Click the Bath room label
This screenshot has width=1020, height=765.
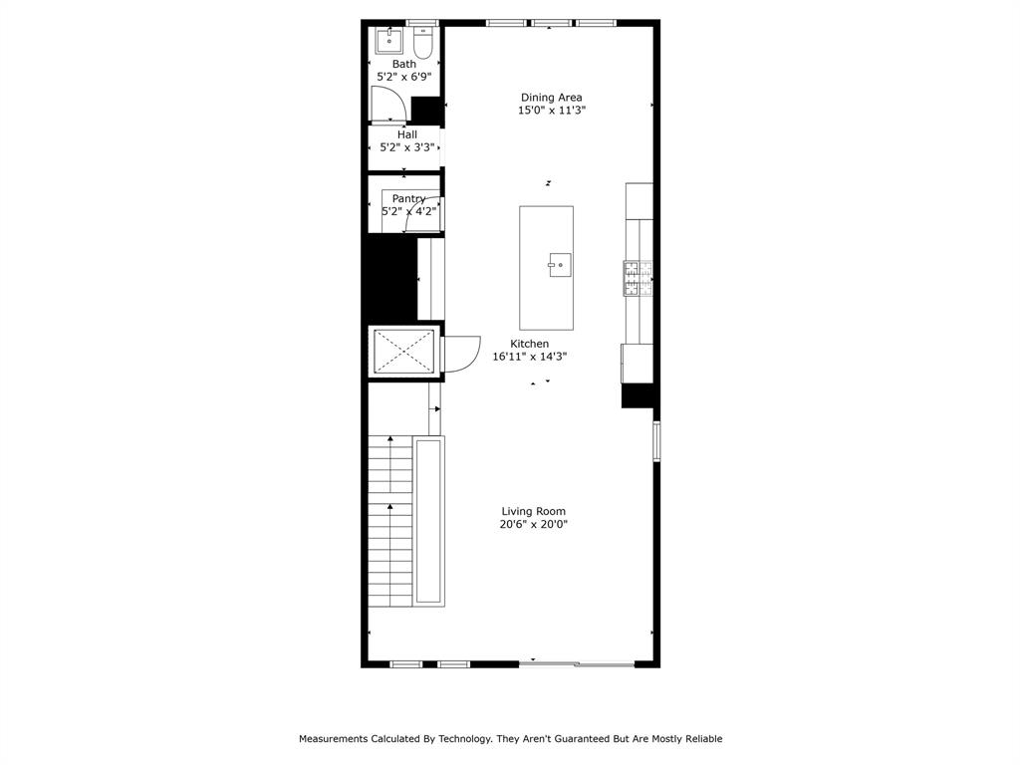click(x=403, y=64)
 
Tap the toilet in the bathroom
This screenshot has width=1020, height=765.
click(x=422, y=43)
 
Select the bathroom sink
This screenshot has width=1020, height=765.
click(x=388, y=42)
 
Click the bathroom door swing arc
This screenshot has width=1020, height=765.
click(x=389, y=104)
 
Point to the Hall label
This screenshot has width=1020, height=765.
click(x=406, y=134)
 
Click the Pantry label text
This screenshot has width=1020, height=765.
click(x=408, y=198)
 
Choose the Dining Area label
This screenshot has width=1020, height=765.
click(x=551, y=98)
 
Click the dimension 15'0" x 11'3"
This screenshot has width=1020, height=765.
click(x=551, y=111)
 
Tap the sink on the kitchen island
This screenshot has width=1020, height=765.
click(x=560, y=265)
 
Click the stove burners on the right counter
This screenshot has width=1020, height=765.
click(x=637, y=278)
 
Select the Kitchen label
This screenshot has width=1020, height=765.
click(x=529, y=344)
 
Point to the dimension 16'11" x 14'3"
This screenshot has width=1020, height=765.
click(x=529, y=357)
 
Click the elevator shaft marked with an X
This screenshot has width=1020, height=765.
click(x=404, y=351)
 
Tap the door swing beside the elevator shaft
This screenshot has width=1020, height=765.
click(x=459, y=354)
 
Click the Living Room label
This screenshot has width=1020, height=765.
click(x=533, y=511)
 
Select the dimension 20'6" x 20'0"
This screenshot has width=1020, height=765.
click(x=533, y=524)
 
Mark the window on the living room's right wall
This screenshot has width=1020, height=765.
click(x=655, y=441)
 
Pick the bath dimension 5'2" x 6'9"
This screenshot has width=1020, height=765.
click(x=403, y=76)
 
